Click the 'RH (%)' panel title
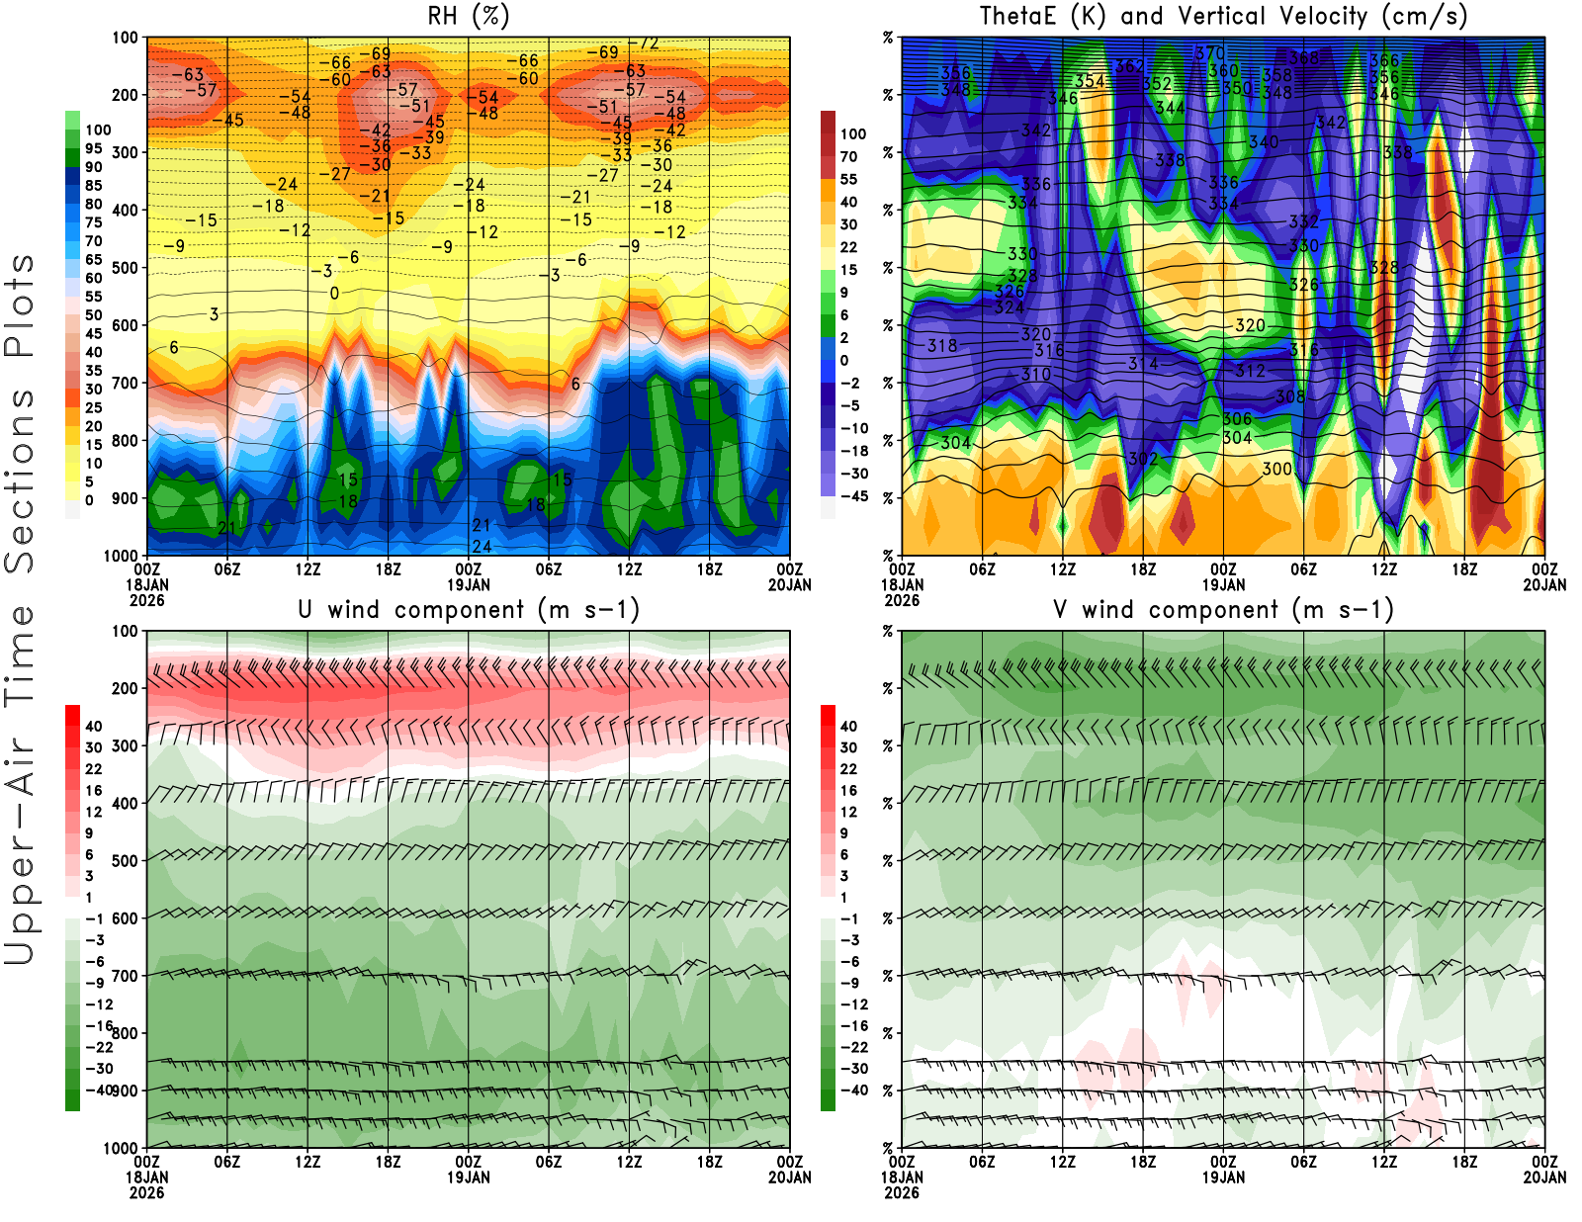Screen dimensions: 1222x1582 (x=468, y=16)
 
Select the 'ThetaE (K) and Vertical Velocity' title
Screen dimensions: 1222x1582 (x=1223, y=16)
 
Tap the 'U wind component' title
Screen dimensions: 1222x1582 (x=468, y=609)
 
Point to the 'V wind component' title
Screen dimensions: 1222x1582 (x=1223, y=609)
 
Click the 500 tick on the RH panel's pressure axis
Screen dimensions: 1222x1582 (x=126, y=268)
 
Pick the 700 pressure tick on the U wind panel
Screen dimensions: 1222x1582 (x=126, y=976)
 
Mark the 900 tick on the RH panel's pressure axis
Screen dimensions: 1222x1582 (x=126, y=498)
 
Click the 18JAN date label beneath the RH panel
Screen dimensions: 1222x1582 (x=146, y=584)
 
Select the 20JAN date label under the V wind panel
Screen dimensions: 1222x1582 (x=1544, y=1178)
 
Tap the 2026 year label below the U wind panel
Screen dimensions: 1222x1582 (x=146, y=1192)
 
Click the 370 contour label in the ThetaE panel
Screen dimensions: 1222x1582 (x=1210, y=53)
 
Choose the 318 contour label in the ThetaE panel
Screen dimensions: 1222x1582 (x=942, y=346)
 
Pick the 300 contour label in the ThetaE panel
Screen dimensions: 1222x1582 (x=1276, y=469)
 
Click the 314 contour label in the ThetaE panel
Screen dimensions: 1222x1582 (x=1143, y=364)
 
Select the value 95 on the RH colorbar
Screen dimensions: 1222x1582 (x=93, y=148)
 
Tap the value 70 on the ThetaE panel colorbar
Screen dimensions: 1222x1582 (x=848, y=156)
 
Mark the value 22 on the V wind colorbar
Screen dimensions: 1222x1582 (x=848, y=769)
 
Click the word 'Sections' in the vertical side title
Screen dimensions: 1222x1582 (x=20, y=480)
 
